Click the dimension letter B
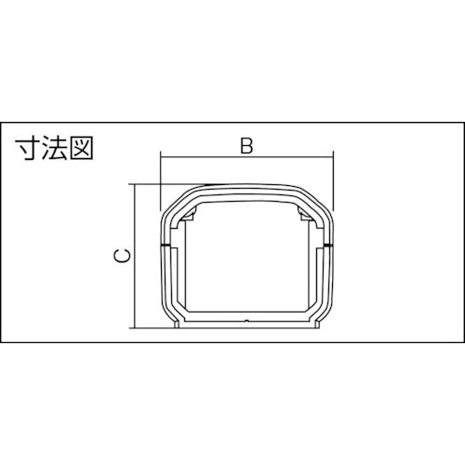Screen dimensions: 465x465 point(246,145)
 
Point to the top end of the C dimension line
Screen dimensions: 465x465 point(138,184)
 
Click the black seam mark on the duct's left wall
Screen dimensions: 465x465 point(165,246)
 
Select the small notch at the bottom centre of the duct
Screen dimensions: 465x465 point(246,323)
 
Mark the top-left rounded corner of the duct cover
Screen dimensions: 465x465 point(173,197)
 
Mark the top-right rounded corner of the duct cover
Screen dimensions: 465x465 point(321,197)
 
